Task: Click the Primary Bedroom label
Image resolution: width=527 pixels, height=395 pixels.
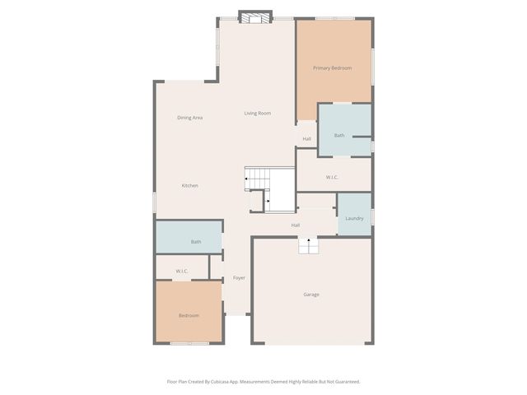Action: [x=332, y=67]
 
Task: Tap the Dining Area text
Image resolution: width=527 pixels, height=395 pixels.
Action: [x=190, y=118]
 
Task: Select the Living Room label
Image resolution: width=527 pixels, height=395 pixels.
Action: [x=257, y=113]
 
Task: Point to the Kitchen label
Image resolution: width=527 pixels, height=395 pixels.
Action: [x=189, y=186]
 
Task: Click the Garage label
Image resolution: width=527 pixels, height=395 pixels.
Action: [x=310, y=294]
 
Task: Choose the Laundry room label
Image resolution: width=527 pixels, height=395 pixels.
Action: [x=354, y=218]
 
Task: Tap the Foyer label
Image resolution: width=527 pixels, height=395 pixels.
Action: [x=239, y=277]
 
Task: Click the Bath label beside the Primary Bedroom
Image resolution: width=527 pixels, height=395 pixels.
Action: [x=339, y=135]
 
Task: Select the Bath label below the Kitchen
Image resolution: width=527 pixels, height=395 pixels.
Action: [x=196, y=242]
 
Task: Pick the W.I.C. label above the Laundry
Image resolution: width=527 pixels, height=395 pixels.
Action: [x=333, y=177]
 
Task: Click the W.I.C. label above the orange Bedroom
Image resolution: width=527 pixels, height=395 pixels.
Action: [x=182, y=271]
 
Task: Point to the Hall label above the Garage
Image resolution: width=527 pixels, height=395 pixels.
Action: [x=295, y=225]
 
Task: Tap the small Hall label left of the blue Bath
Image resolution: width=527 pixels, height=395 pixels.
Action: [x=306, y=138]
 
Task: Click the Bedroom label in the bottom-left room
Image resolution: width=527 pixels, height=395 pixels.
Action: [x=189, y=315]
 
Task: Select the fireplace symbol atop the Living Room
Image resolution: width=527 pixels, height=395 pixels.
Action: [x=255, y=16]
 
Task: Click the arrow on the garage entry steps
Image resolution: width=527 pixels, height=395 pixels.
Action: [x=309, y=241]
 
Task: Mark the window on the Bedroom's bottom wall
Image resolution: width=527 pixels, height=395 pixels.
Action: [x=189, y=343]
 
